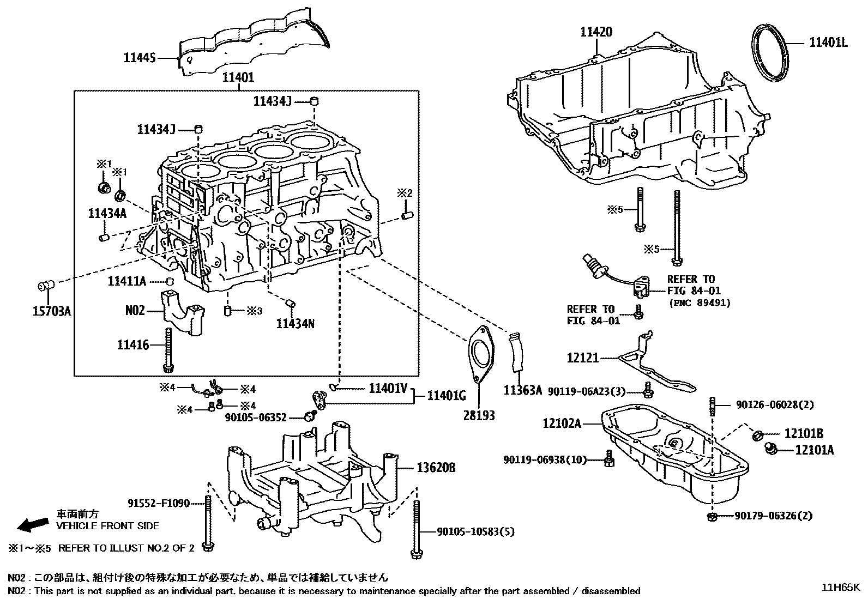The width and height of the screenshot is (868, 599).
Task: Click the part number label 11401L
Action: (828, 43)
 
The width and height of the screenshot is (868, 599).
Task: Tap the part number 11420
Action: (596, 32)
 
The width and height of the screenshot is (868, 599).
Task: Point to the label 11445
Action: (140, 57)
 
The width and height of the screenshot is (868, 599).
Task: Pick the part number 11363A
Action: (522, 390)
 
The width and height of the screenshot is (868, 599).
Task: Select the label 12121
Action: (582, 358)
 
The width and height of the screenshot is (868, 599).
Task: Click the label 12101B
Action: (803, 434)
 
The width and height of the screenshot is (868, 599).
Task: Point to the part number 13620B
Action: (436, 468)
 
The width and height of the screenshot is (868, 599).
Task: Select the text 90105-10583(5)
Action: (475, 531)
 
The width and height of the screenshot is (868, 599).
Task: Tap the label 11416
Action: (132, 344)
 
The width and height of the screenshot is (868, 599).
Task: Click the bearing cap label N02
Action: (135, 310)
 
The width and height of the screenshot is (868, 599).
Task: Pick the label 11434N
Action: (295, 324)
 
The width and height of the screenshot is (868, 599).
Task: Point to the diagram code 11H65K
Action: (841, 588)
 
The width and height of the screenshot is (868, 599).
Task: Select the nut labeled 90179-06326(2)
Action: (712, 515)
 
